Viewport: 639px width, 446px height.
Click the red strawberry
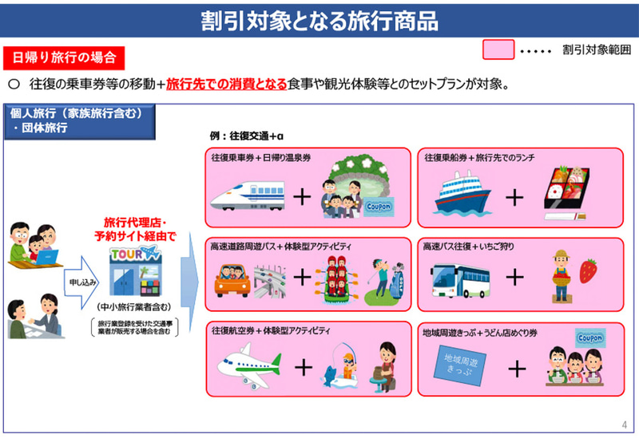pyautogui.click(x=589, y=272)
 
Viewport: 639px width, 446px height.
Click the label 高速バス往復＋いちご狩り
pyautogui.click(x=470, y=247)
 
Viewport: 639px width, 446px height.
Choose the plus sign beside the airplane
pyautogui.click(x=303, y=366)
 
